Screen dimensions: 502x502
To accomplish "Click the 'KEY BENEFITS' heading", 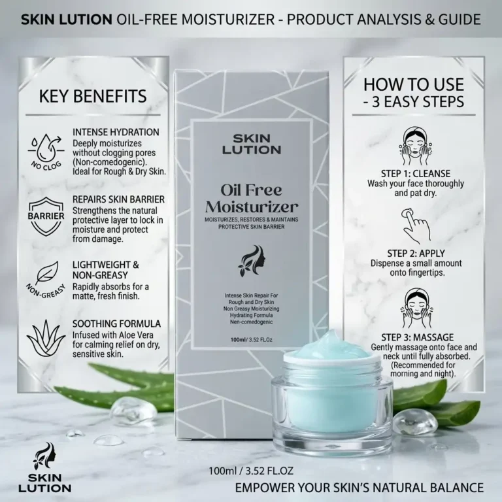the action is point(93,96).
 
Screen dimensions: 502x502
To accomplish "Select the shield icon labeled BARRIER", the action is point(46,216).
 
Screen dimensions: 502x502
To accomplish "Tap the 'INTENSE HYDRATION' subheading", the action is point(116,132).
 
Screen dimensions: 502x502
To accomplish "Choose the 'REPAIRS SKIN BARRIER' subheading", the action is point(118,199).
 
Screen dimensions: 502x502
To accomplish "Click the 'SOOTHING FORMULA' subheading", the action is point(116,324).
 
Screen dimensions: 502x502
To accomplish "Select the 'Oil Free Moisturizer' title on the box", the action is point(251,199).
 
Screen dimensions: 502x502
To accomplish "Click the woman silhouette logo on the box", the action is point(252,261).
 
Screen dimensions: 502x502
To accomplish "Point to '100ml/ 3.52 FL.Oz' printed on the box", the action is point(251,340).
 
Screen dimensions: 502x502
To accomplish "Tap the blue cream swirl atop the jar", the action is point(331,346).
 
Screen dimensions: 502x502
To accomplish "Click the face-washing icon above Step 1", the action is point(415,146).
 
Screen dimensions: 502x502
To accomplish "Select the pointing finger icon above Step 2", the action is point(415,226).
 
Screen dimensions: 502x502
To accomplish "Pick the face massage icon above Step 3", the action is point(415,308).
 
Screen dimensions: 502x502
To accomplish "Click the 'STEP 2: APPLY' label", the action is point(416,254).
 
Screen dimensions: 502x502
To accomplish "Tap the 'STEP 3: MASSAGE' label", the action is point(418,337).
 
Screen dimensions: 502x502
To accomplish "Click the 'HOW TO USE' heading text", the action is point(414,84).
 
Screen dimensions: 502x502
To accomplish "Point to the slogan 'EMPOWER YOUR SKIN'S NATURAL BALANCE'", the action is point(360,488).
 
